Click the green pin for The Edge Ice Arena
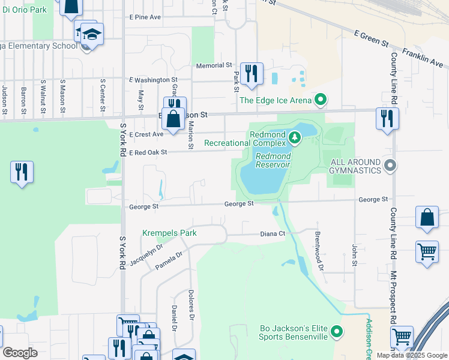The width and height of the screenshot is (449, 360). [321, 100]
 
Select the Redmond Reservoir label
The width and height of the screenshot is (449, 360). [273, 160]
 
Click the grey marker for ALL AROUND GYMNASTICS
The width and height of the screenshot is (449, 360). [391, 165]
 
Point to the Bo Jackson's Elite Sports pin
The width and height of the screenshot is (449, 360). [337, 331]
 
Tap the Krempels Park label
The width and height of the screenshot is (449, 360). [169, 233]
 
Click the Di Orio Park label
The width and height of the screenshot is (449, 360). [23, 10]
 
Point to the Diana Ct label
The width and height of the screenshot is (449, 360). [271, 233]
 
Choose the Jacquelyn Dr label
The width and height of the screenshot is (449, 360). [146, 255]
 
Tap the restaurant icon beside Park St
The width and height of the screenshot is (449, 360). [251, 74]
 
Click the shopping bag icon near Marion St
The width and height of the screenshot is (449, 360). [173, 119]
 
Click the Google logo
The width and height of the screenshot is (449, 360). [20, 353]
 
